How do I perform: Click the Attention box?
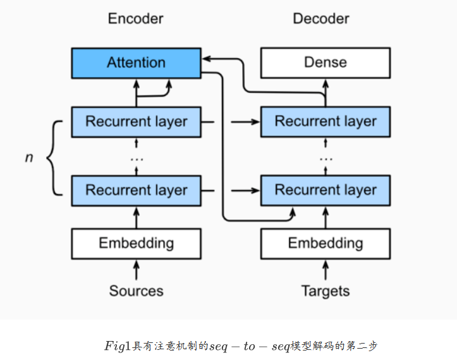click(x=136, y=63)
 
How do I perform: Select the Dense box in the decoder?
click(x=326, y=63)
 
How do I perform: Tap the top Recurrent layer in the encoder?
click(x=136, y=121)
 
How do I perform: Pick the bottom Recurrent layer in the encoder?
click(x=136, y=190)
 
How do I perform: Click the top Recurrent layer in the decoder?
click(x=326, y=121)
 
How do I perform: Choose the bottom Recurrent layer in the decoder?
click(x=326, y=190)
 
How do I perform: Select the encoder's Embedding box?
click(x=136, y=243)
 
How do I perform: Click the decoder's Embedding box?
click(x=326, y=243)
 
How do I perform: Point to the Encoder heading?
click(x=136, y=19)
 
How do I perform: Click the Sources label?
click(x=136, y=291)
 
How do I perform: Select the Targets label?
click(x=326, y=291)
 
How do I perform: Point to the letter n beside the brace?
click(x=28, y=157)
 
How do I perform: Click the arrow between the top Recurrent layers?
click(x=243, y=121)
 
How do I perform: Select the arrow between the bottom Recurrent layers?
click(x=243, y=190)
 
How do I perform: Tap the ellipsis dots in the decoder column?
click(x=326, y=157)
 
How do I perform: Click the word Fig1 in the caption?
click(x=118, y=346)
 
